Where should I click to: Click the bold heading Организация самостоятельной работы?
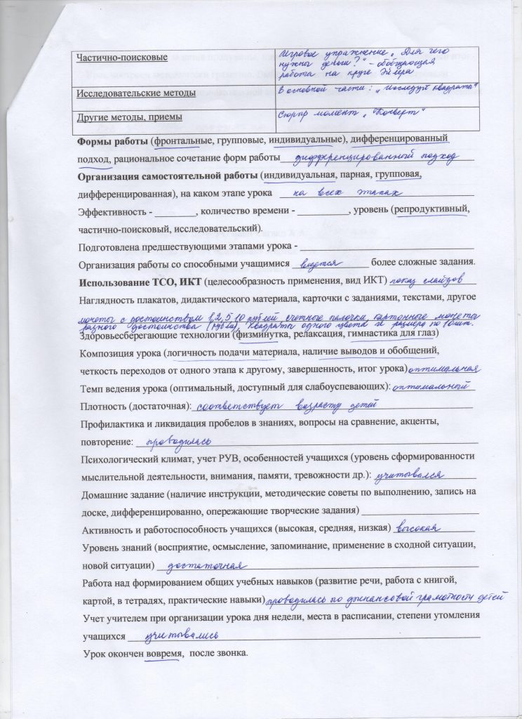pyautogui.click(x=167, y=175)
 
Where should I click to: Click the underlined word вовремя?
pyautogui.click(x=162, y=654)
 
